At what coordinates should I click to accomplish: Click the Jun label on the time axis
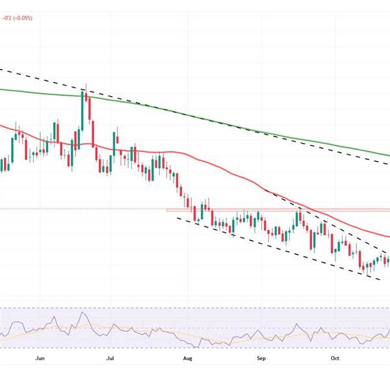pyautogui.click(x=40, y=357)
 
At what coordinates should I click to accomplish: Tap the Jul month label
pyautogui.click(x=110, y=357)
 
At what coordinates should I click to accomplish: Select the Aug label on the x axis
pyautogui.click(x=188, y=357)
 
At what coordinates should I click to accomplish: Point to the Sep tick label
pyautogui.click(x=261, y=357)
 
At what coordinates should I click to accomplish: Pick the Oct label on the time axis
pyautogui.click(x=334, y=357)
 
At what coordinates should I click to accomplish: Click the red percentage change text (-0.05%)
pyautogui.click(x=18, y=18)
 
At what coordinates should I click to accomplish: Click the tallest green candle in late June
pyautogui.click(x=83, y=107)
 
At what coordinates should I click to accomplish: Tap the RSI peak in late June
pyautogui.click(x=83, y=313)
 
